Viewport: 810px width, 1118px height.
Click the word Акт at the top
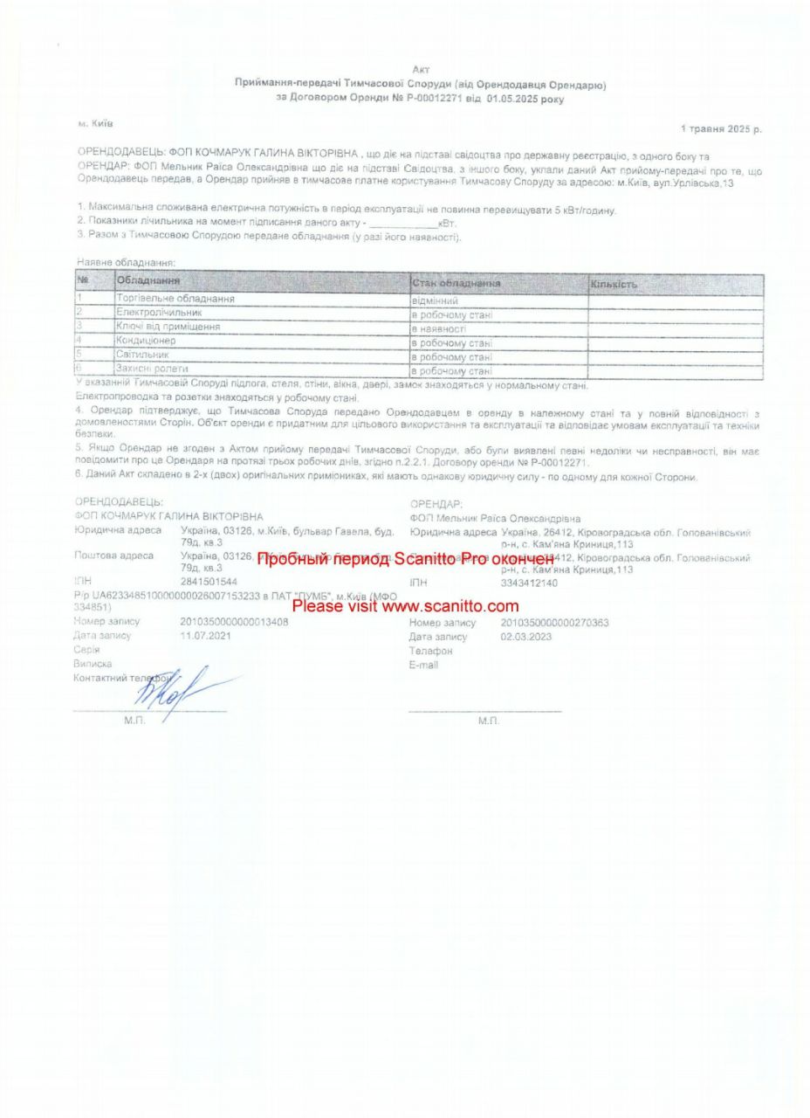pos(421,69)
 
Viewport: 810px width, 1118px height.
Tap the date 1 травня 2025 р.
pos(721,128)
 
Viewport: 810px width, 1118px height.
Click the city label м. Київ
pos(96,124)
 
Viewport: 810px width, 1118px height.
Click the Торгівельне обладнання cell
pos(175,299)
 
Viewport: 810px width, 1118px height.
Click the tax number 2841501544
pos(208,582)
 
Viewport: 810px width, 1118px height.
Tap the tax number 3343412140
pos(529,583)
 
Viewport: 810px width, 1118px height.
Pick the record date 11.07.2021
pos(205,636)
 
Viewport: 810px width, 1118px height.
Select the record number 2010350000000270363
pos(554,623)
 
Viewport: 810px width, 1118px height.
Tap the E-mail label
pos(423,665)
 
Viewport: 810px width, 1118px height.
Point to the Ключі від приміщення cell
pos(168,327)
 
